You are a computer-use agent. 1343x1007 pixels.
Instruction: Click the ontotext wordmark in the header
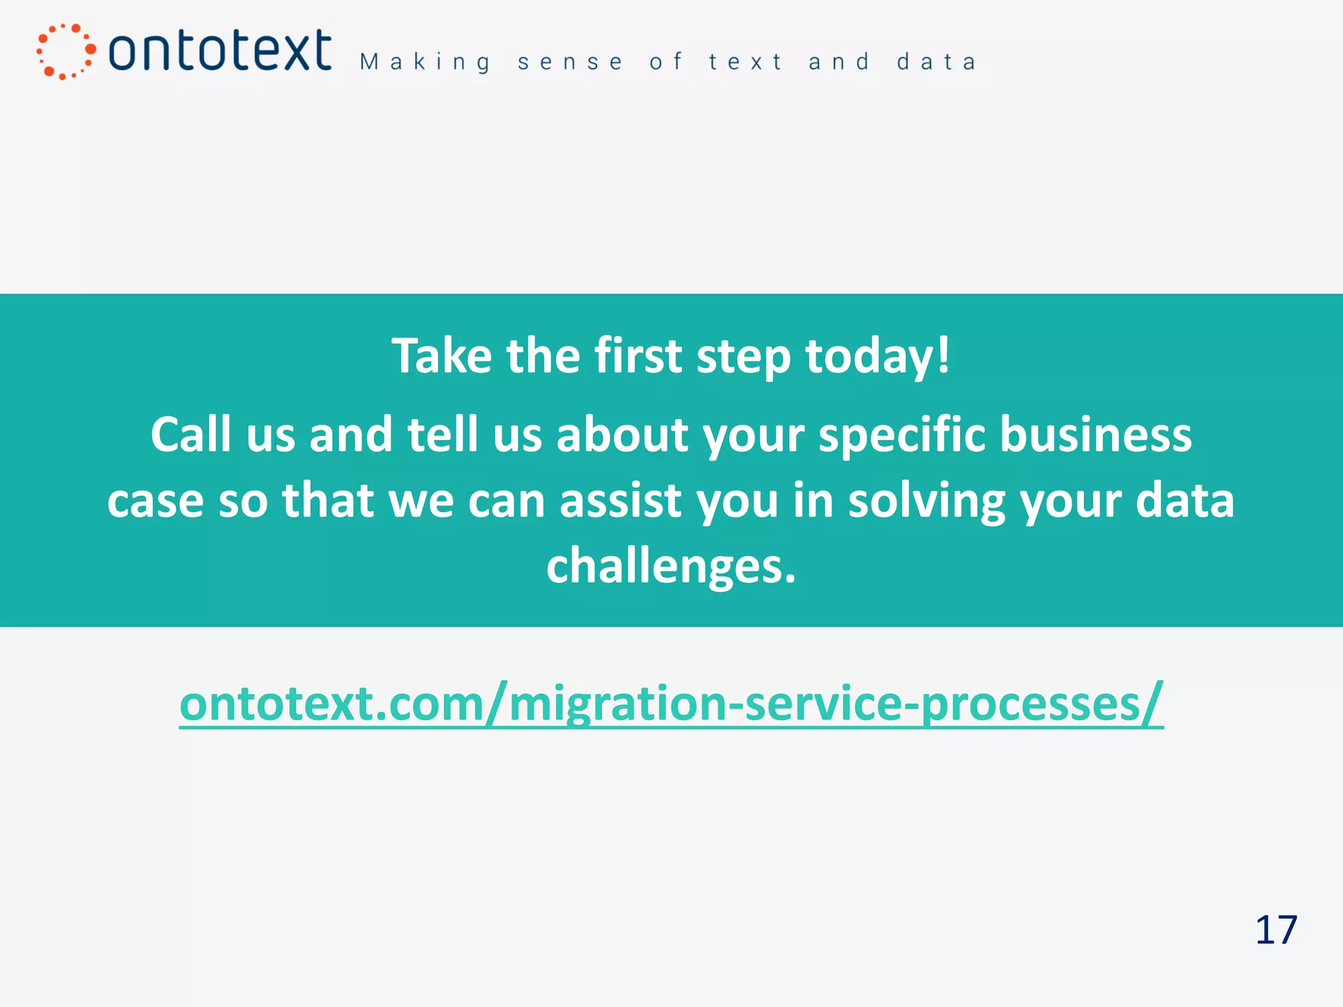[220, 50]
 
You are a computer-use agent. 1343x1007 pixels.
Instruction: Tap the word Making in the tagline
[426, 62]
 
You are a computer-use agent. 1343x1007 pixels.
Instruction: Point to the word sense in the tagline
[570, 62]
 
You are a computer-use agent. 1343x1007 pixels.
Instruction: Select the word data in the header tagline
[936, 62]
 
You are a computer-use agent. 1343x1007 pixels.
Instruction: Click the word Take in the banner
[442, 356]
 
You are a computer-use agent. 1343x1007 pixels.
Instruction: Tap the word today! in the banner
[877, 356]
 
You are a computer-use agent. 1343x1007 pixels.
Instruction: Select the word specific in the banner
[902, 435]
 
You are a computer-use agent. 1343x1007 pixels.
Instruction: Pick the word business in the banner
[1096, 435]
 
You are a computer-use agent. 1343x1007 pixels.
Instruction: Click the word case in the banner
[155, 501]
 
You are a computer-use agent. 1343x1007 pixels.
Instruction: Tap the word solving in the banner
[927, 501]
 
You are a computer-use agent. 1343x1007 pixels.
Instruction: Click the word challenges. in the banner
[671, 566]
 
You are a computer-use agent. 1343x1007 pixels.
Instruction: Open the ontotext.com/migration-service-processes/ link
[671, 703]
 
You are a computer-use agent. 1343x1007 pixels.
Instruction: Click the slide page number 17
[1276, 930]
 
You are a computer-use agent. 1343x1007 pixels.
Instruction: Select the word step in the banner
[743, 356]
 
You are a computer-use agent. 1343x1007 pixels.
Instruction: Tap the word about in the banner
[622, 435]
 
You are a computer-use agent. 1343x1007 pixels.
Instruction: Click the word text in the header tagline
[746, 62]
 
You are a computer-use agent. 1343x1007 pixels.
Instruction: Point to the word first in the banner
[638, 356]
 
